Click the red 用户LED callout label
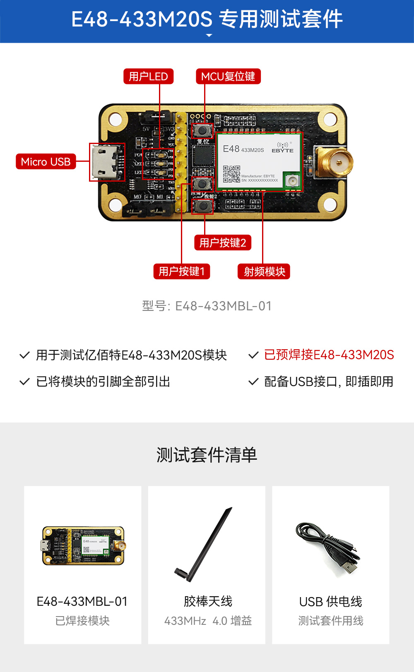(x=148, y=77)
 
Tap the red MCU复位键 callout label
(x=228, y=77)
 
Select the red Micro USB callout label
(x=46, y=162)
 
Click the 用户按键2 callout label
(x=223, y=242)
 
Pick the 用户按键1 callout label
(x=181, y=271)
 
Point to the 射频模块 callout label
(x=264, y=271)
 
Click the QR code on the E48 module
(x=231, y=174)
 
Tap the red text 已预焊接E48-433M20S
(x=329, y=355)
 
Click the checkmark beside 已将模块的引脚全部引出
(x=25, y=382)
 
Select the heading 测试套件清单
(x=207, y=455)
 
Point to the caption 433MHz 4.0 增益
(x=208, y=621)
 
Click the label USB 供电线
(x=330, y=602)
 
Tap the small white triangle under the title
(x=209, y=36)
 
